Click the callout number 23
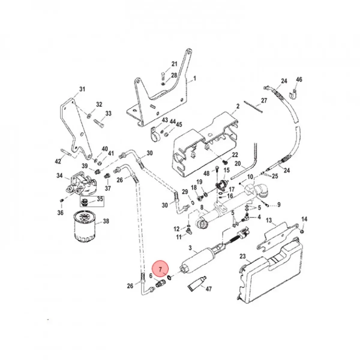[243, 256]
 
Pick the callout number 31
[82, 89]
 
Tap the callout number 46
[299, 79]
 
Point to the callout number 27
[264, 100]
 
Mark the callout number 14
[304, 219]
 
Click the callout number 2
[238, 106]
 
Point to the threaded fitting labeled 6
[160, 282]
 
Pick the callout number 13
[269, 221]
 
